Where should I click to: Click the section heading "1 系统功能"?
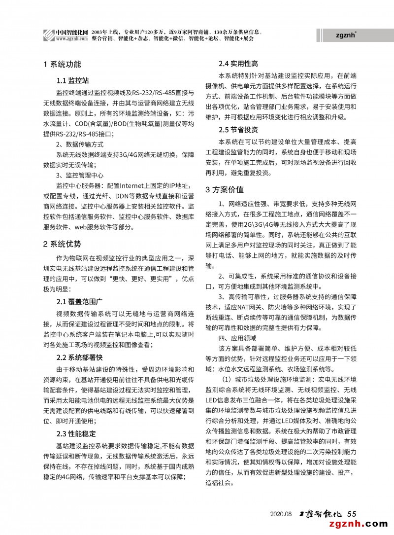coord(63,65)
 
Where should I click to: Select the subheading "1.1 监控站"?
coord(72,80)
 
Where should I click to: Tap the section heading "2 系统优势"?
coord(63,244)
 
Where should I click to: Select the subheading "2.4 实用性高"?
coord(238,64)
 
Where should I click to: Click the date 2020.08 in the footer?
coord(281,514)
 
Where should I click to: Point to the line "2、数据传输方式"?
coord(80,144)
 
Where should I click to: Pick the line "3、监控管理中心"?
coord(80,175)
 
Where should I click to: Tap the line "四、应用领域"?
coord(237,338)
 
